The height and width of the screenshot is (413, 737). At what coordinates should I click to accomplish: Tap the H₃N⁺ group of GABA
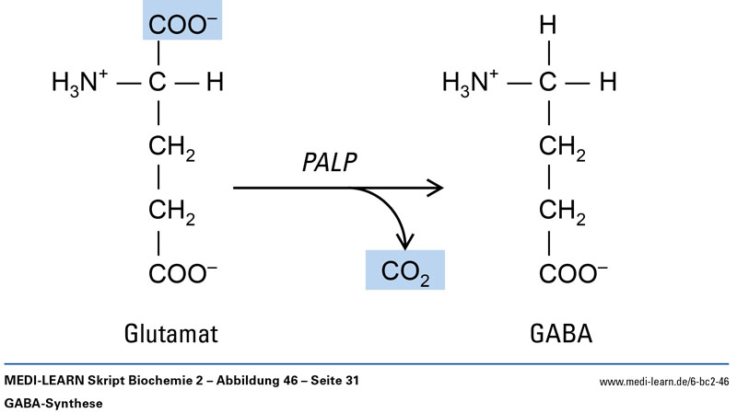(x=471, y=84)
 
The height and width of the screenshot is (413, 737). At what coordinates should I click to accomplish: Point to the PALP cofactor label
(x=329, y=162)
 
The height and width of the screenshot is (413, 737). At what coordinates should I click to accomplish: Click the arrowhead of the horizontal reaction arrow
(x=435, y=189)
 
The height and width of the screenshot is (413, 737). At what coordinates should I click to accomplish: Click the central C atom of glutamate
(x=158, y=84)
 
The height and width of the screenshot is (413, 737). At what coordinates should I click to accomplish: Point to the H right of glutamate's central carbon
(x=215, y=84)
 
